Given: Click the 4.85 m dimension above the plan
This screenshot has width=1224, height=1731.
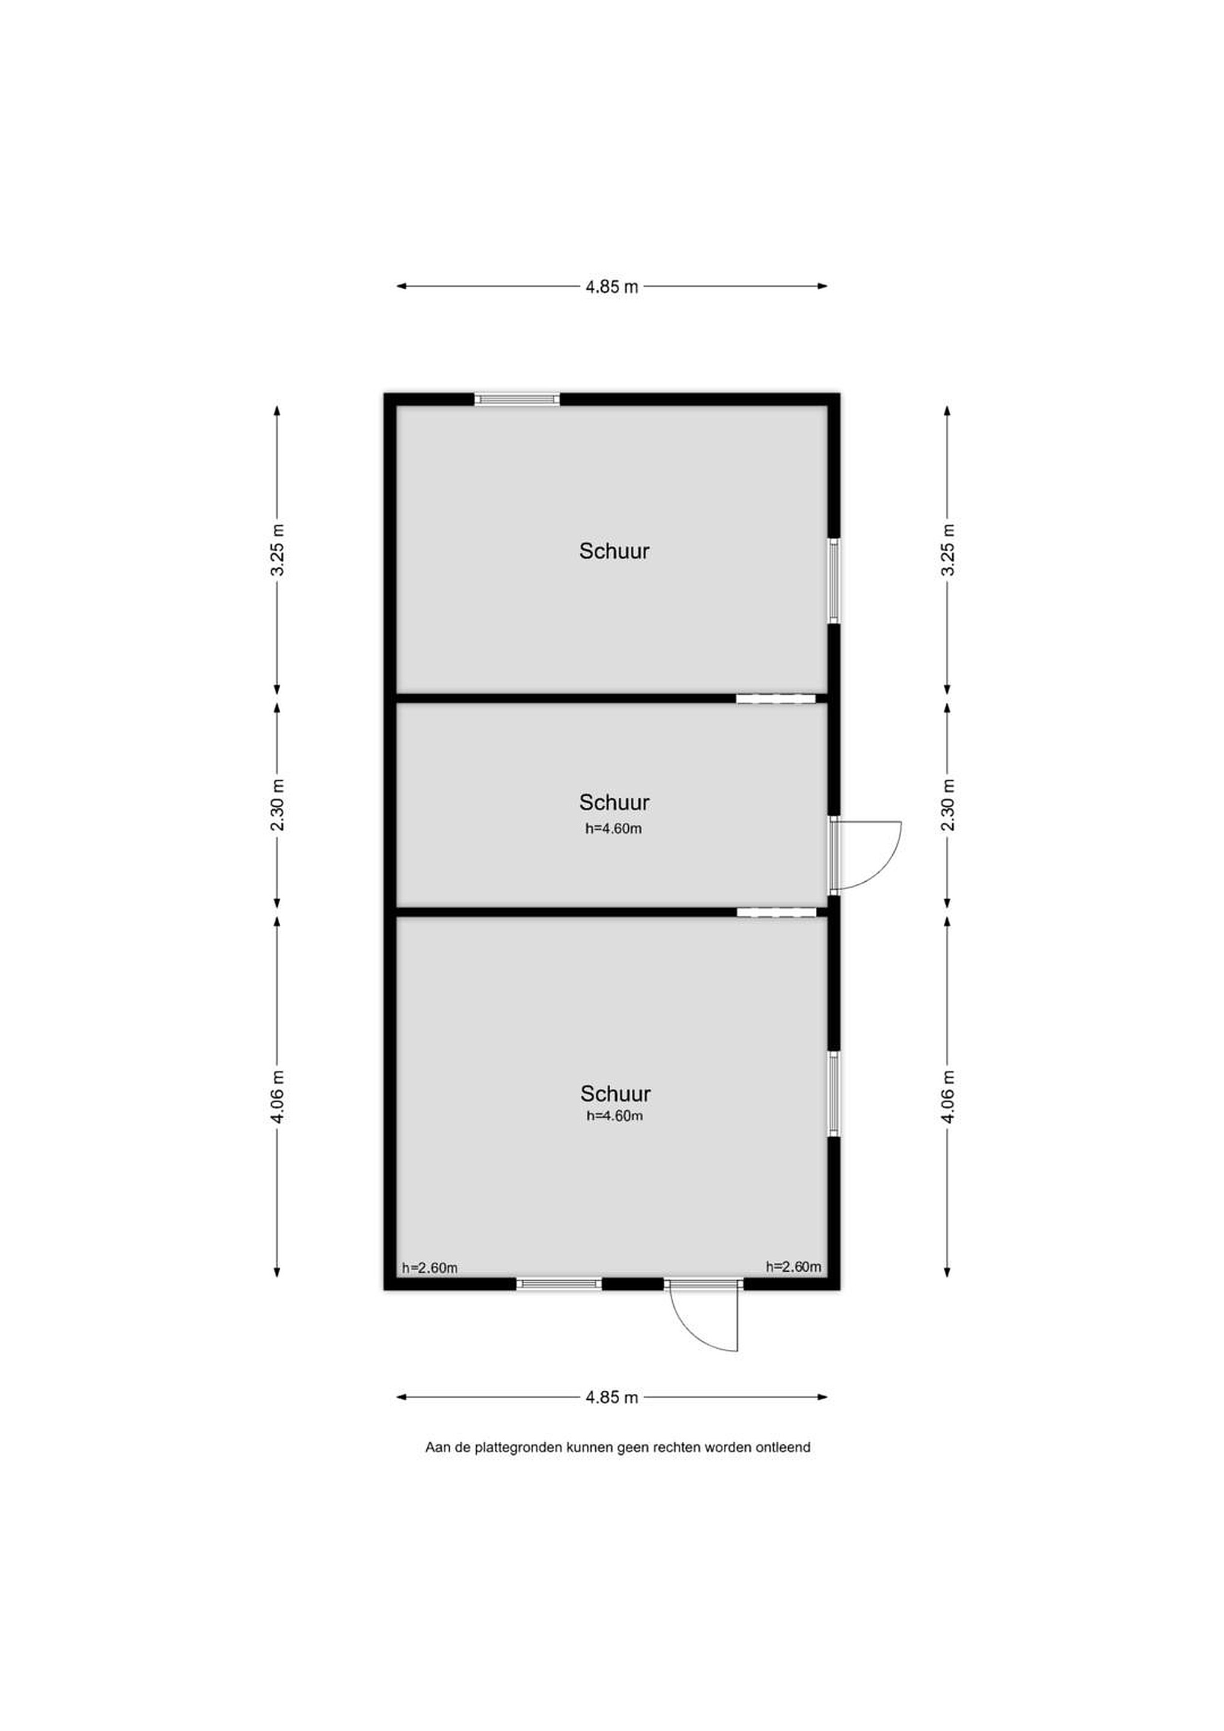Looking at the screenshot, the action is tap(611, 287).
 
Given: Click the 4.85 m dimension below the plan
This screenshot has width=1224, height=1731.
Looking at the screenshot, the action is tap(611, 1397).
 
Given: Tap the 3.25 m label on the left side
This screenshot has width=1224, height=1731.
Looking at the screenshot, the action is tap(278, 549).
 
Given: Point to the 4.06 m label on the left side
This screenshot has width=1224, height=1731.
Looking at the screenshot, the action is tap(278, 1097).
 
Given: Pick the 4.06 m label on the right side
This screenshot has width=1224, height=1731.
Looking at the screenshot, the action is tap(948, 1097).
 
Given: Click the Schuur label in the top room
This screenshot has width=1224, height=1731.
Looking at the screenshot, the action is tap(614, 551).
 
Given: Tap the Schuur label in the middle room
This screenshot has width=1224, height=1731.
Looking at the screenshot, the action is tap(614, 802).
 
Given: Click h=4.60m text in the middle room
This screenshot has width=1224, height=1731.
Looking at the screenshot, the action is tap(614, 829).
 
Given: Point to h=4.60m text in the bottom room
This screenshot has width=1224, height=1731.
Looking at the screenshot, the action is tap(614, 1116).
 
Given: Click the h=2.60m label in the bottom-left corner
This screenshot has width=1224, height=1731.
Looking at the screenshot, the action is tap(429, 1268).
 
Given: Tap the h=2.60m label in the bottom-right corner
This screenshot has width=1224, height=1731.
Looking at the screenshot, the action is tap(794, 1266).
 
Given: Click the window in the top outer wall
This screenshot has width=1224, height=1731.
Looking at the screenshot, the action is tap(518, 400).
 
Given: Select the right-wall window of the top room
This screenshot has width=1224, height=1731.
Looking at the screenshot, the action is tap(834, 581).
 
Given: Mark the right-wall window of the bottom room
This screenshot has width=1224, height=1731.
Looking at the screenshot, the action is tap(834, 1094).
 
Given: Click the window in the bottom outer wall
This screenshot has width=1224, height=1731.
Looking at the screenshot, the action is tap(559, 1284).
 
